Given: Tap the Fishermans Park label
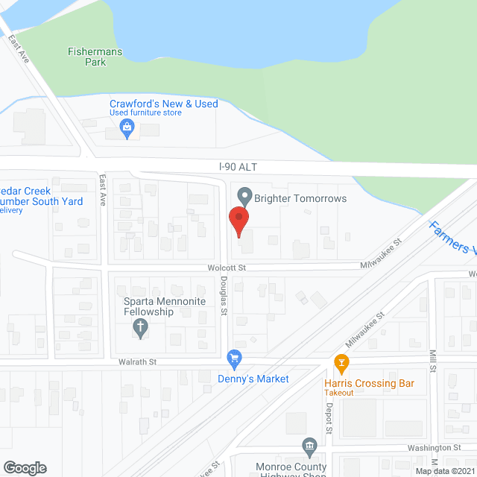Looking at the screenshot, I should click(96, 57).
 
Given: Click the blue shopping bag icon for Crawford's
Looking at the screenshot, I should click(127, 129).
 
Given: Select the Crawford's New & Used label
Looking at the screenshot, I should click(164, 104).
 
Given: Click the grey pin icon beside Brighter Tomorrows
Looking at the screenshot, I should click(243, 197).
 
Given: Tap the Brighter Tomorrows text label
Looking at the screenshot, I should click(300, 198).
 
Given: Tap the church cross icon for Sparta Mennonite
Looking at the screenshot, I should click(139, 326).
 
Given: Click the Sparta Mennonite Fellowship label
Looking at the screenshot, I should click(148, 306).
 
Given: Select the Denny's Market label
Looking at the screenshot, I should click(253, 379).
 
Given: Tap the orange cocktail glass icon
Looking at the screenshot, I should click(341, 364).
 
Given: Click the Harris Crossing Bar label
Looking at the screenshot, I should click(369, 384).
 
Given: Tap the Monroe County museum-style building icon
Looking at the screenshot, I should click(309, 447).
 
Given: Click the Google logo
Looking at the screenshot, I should click(25, 467).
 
